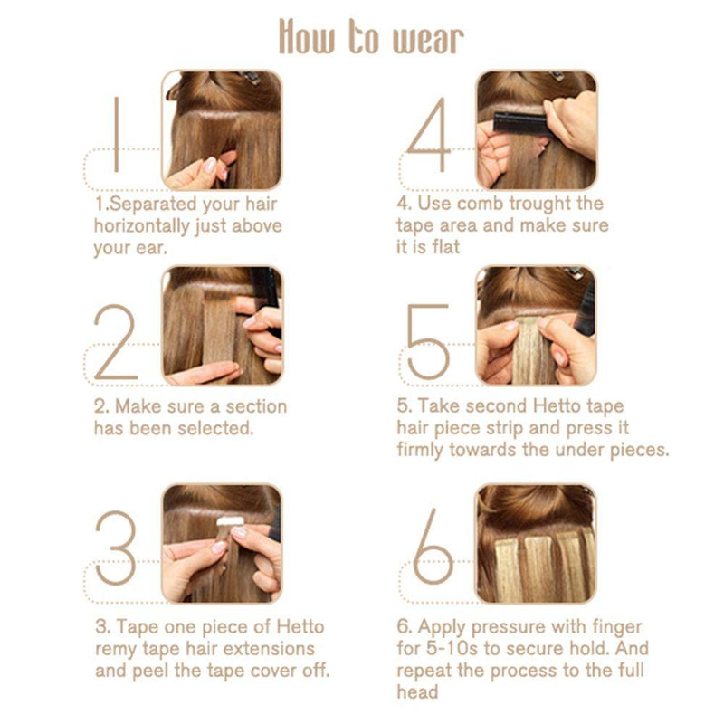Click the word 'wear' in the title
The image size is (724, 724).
428,40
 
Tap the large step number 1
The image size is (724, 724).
117,134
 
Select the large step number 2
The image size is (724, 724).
116,342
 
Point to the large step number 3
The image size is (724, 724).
116,548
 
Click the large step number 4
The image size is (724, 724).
428,134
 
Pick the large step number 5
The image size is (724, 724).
428,342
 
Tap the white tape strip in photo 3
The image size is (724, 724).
230,521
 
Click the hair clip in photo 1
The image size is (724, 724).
250,78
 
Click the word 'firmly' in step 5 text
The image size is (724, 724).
420,450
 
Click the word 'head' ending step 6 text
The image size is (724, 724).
417,691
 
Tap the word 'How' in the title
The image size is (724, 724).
307,36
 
